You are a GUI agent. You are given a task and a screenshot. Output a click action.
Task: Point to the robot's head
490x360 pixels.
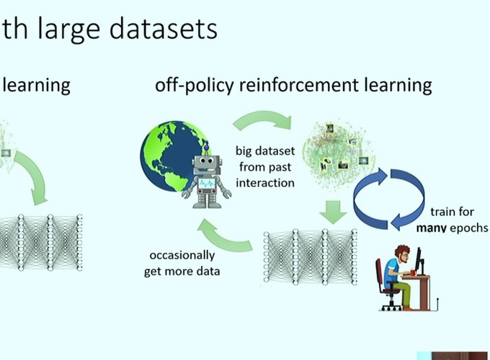(x=205, y=161)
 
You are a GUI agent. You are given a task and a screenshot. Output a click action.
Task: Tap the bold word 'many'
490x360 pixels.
(x=434, y=228)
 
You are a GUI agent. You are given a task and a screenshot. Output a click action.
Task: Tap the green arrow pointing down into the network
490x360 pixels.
(x=332, y=212)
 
